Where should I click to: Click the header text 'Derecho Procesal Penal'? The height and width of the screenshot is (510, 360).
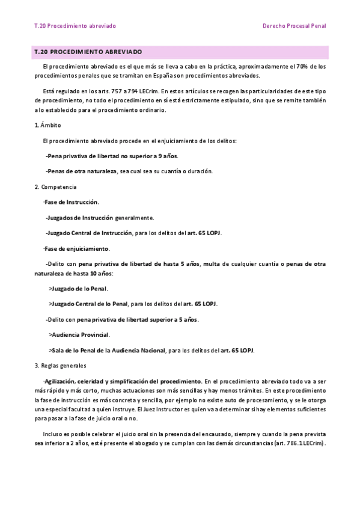point(294,26)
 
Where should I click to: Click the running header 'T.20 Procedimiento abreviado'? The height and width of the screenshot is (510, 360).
point(75,26)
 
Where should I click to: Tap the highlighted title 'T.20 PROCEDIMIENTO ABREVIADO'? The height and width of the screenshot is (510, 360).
point(88,52)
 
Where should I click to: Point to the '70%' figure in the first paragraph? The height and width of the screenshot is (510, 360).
point(302,66)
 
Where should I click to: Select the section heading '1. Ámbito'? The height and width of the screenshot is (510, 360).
point(47,125)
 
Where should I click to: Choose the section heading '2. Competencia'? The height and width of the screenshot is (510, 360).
point(55,187)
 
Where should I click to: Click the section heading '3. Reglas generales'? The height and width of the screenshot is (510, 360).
point(60,366)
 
